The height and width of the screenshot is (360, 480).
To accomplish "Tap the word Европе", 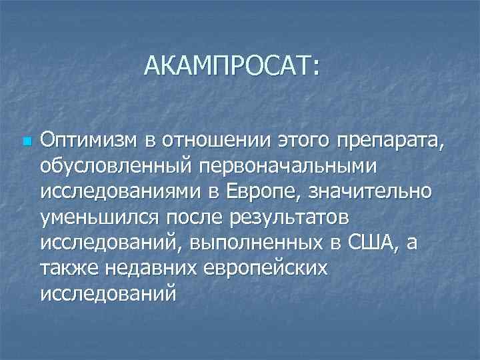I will (x=256, y=191).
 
